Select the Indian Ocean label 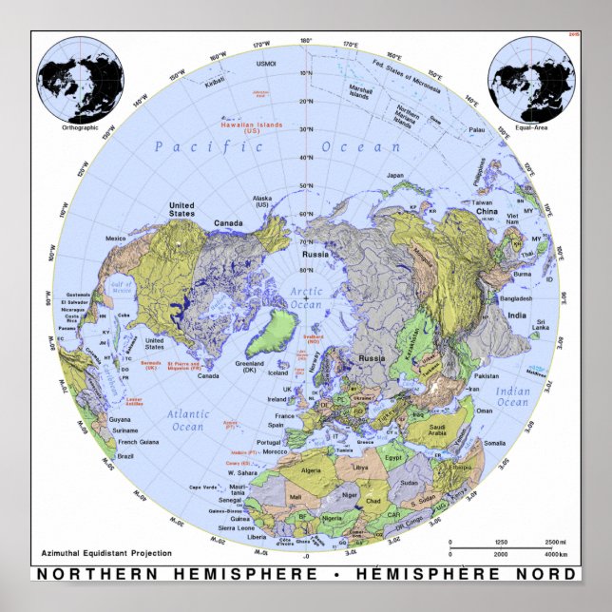tap(513, 396)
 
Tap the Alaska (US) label tap(260, 201)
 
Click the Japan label tap(393, 175)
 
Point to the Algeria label tap(338, 469)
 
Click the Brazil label tap(125, 456)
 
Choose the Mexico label tap(115, 238)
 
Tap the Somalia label tap(493, 442)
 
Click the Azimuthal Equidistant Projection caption tap(92, 552)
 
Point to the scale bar tap(509, 547)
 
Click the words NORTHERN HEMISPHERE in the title tap(177, 574)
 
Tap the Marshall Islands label tap(358, 92)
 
